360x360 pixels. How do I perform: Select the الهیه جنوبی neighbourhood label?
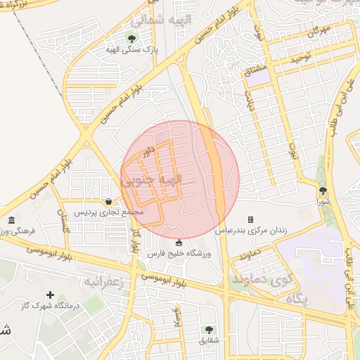152,180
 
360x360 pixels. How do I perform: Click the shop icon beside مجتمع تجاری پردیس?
108,201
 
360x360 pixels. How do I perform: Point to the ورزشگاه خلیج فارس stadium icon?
178,243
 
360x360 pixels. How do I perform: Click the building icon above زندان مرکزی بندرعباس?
250,219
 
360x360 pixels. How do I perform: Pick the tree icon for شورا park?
323,190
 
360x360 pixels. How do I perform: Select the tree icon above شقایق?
208,329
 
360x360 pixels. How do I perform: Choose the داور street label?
147,151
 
